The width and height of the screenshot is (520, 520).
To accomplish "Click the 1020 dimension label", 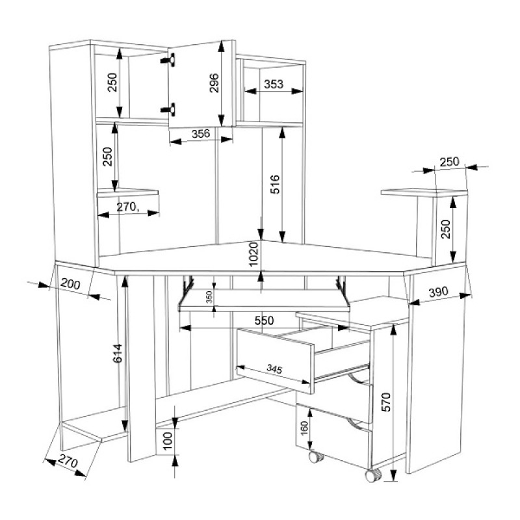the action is coord(253,254).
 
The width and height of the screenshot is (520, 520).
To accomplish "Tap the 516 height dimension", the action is coord(275,185).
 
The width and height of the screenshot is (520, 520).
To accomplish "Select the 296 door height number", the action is coord(214,83).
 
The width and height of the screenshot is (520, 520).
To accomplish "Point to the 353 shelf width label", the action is coord(274,84).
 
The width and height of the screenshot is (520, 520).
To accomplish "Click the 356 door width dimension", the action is coord(201,133).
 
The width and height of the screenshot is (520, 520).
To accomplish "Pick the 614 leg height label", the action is coord(118,354).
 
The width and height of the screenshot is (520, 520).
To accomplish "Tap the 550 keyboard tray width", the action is coord(265,320).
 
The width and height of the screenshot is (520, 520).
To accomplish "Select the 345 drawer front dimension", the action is coord(274,369).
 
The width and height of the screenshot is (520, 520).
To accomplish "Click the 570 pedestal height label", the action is coord(386,402).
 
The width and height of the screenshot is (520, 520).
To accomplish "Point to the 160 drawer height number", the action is coord(304,428).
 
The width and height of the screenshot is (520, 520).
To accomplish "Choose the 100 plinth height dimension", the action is coord(168,441).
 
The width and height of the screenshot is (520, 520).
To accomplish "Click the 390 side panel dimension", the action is coord(438,292).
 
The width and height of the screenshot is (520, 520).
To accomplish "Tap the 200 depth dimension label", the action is coord(71,284).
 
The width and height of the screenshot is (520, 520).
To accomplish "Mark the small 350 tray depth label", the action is coord(209,297).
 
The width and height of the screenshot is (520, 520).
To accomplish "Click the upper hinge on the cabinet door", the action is coord(168,60).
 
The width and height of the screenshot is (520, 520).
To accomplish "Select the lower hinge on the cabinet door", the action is coord(168,109).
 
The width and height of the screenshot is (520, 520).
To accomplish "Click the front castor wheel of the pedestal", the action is coord(373,475).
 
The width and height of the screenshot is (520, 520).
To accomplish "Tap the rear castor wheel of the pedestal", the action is coord(316,457).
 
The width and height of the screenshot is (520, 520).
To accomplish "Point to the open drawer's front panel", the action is coord(275,361).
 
